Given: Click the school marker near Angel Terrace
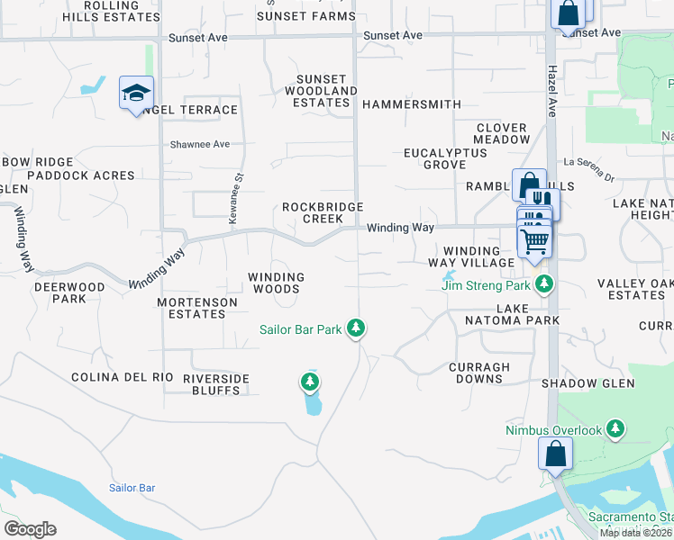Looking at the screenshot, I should point(136,93).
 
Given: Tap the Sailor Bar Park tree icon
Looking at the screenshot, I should point(357,328).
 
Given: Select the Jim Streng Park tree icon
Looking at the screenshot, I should point(543,285).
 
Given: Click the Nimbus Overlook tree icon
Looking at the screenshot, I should point(615,429).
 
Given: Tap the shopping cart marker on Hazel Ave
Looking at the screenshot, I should point(534,241).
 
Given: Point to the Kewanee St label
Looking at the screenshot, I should point(236,199).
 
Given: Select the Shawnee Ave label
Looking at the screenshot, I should point(200,144).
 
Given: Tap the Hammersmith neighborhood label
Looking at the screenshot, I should point(411,104).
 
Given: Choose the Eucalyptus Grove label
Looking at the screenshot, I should point(445,159).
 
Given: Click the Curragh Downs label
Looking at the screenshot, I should point(479,373).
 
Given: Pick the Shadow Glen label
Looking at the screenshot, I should point(587,383).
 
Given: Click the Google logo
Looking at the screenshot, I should point(30,529).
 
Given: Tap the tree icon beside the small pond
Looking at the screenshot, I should point(310,382).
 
